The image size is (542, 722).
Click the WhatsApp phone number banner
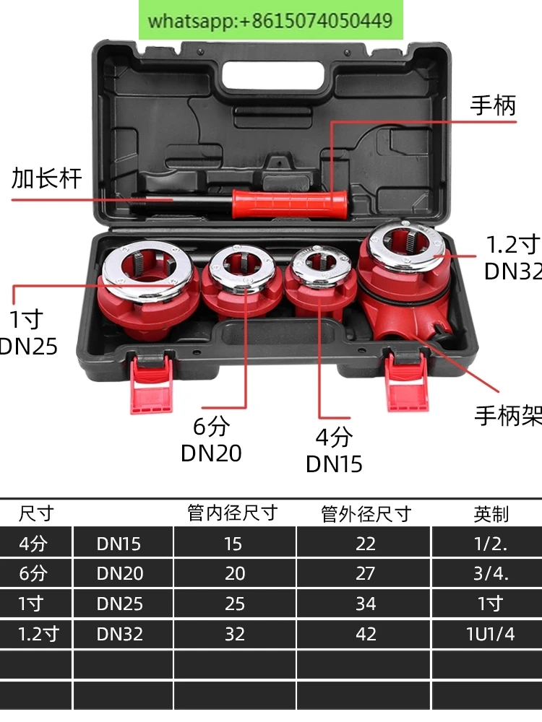(x=270, y=20)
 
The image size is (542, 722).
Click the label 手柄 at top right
(x=494, y=105)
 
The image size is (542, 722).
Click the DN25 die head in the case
(x=148, y=285)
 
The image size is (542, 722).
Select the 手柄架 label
(x=507, y=416)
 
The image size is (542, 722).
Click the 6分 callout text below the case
(x=210, y=427)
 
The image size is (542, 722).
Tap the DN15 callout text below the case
(x=334, y=464)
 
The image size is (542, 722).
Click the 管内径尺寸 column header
(x=233, y=513)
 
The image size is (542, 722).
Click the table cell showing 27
(x=365, y=573)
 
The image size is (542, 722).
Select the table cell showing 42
(x=365, y=634)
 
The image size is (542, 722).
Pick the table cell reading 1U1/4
(x=490, y=634)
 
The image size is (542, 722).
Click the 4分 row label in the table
(x=33, y=543)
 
